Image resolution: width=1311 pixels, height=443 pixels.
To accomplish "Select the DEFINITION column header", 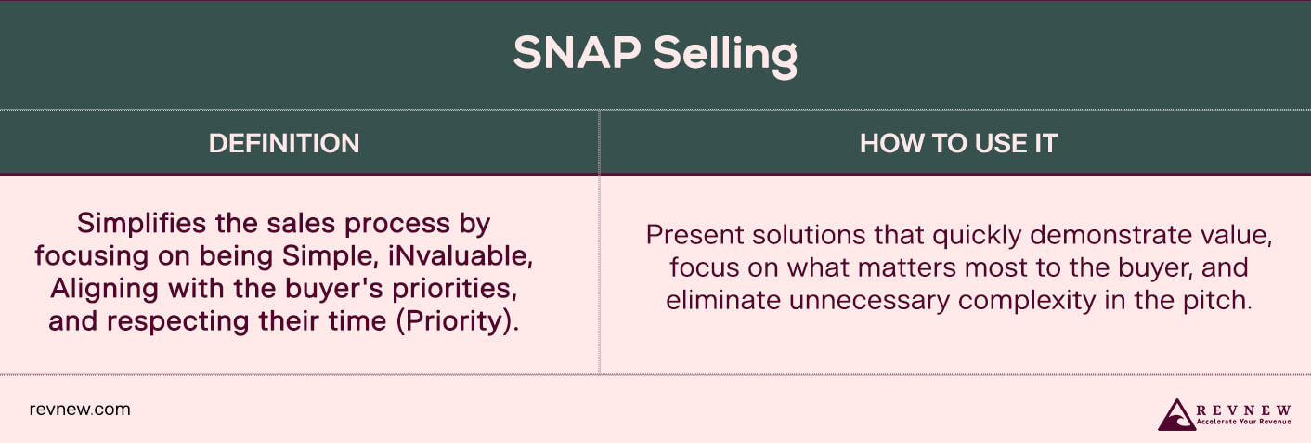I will coord(284,143).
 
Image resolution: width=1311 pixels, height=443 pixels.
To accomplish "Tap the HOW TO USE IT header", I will coord(959,143).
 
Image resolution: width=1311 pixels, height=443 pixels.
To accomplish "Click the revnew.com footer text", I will coord(80,409).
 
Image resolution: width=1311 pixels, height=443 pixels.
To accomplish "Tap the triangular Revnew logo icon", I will coord(1176,414).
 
